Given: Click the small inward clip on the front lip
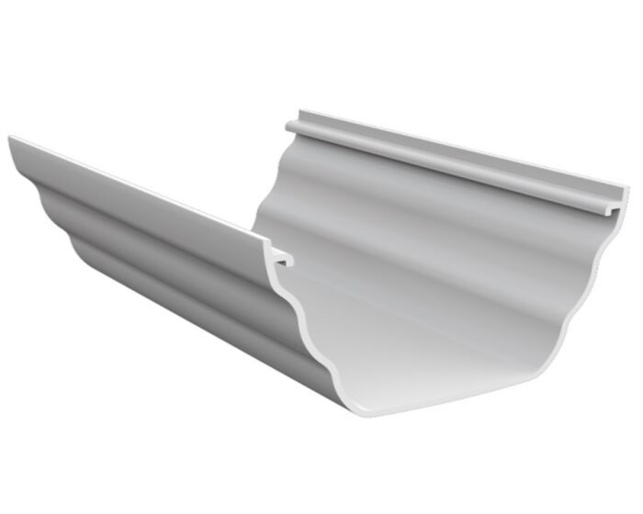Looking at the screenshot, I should tap(282, 258).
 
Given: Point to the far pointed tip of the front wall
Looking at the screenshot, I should tap(11, 140).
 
